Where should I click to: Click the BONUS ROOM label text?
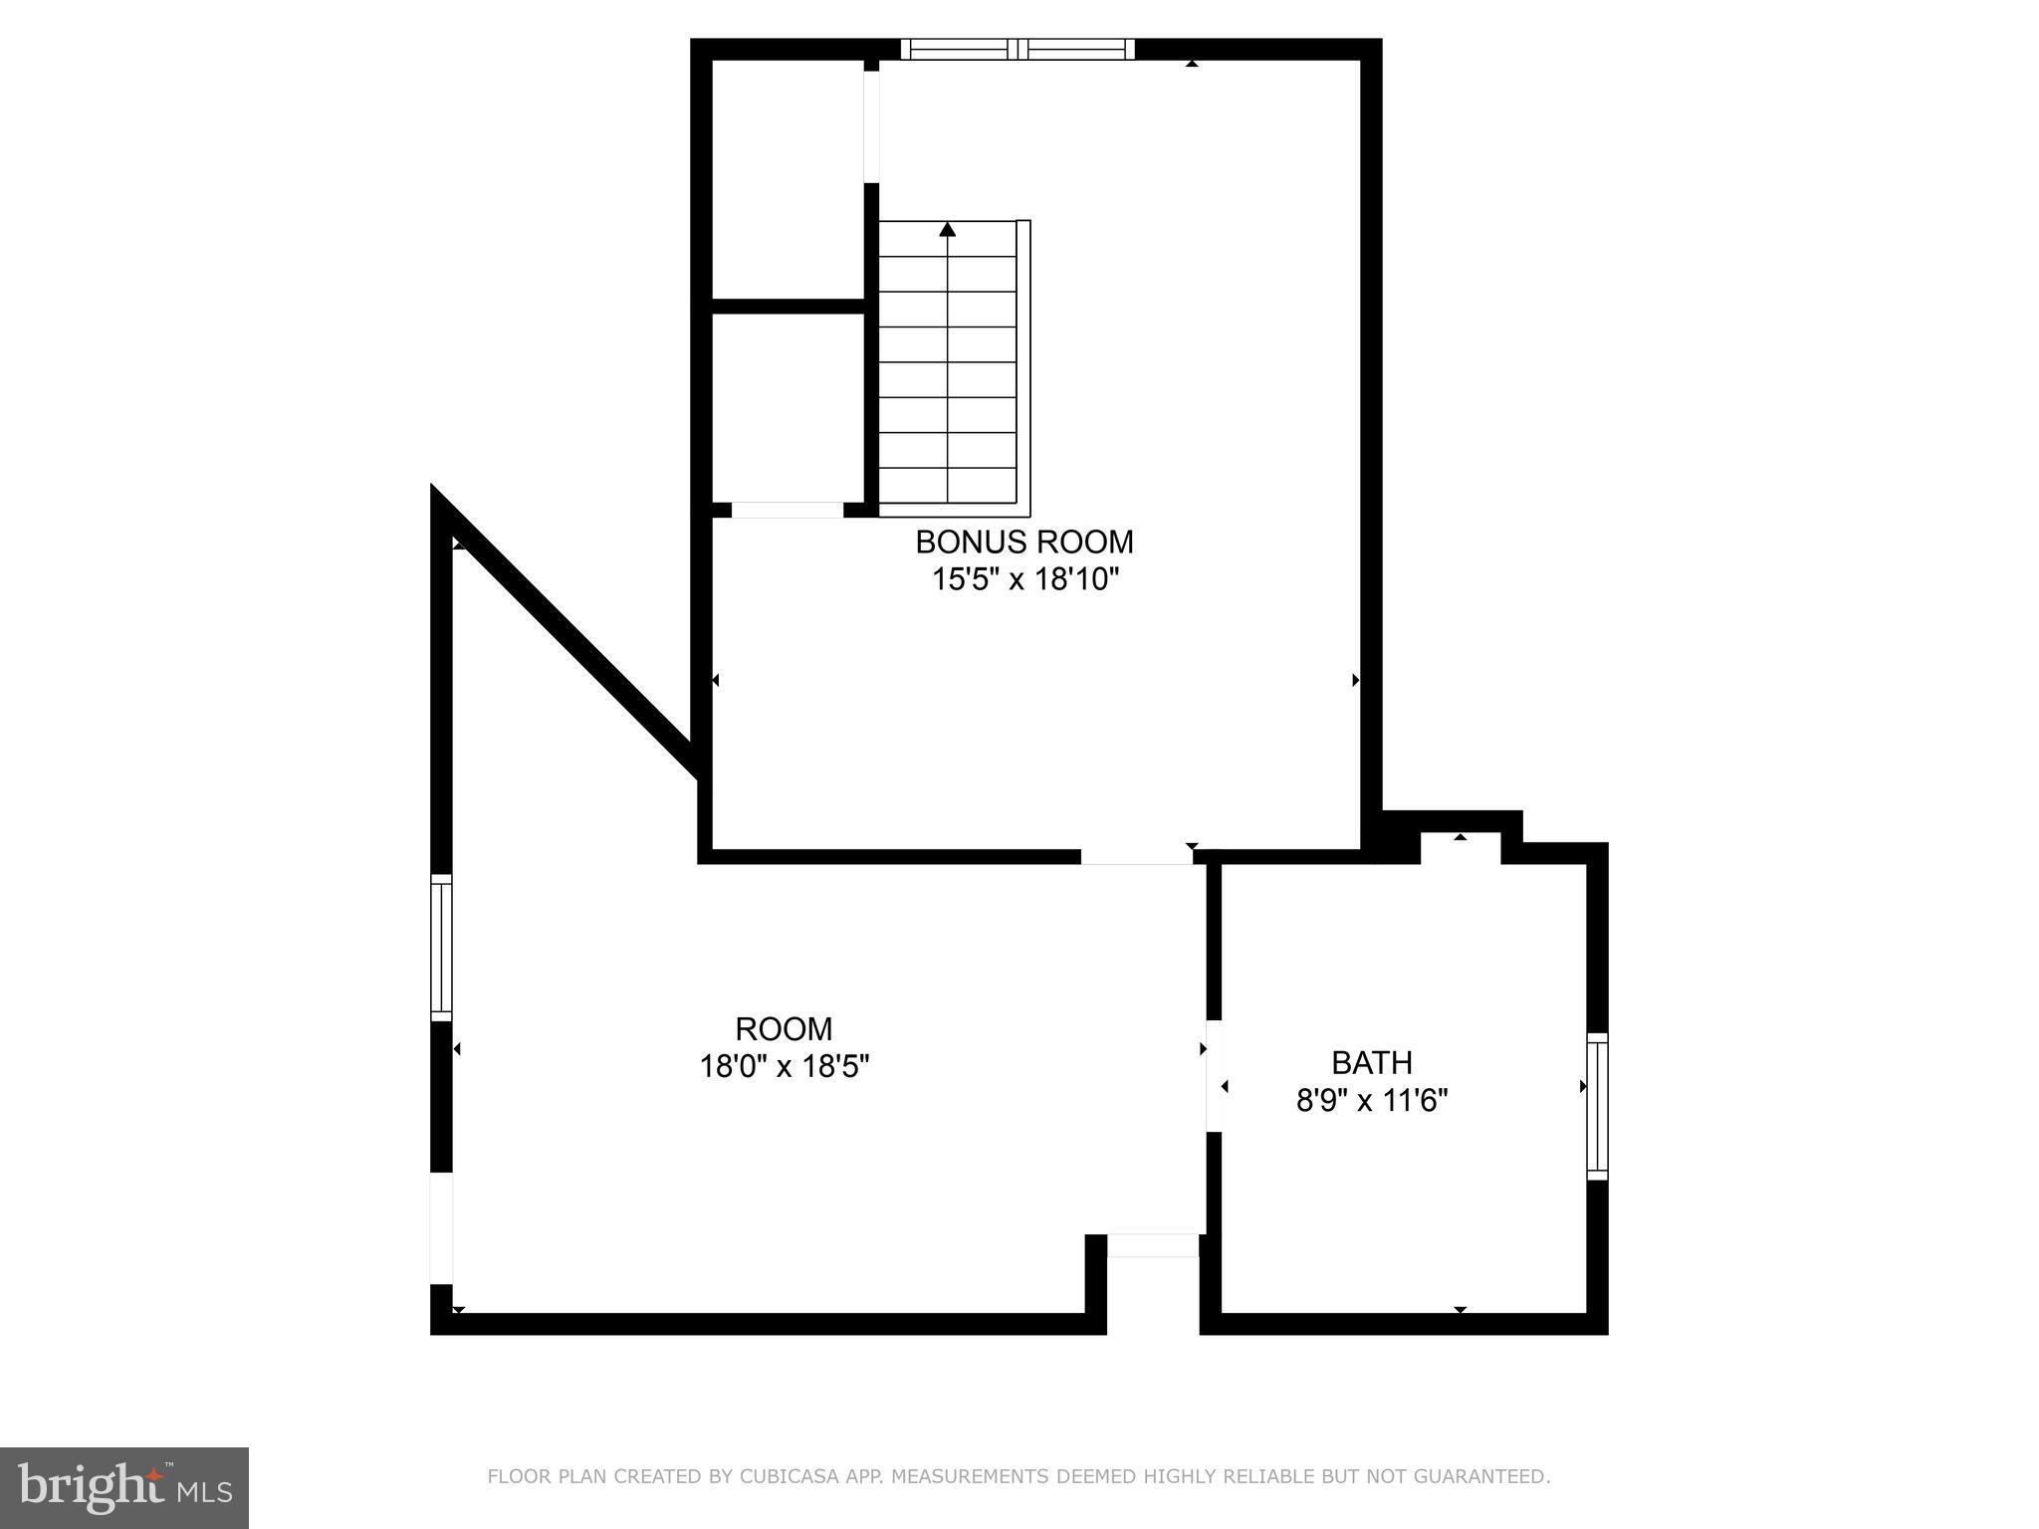1023,543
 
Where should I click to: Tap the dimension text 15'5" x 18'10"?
1025,579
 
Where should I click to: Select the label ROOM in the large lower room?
784,1028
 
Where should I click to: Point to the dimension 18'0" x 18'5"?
784,1066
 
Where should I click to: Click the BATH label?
1371,1063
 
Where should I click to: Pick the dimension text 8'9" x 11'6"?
1371,1101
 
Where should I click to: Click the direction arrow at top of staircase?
947,230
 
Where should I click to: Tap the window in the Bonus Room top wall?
1017,50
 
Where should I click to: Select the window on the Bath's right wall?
1596,1106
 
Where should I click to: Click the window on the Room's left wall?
441,947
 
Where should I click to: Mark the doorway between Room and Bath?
1214,1075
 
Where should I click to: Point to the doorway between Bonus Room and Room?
1136,856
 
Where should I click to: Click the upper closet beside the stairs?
787,179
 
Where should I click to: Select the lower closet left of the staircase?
787,408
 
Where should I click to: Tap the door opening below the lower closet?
787,510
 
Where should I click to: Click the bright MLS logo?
123,1487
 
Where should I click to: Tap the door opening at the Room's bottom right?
1153,1245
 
